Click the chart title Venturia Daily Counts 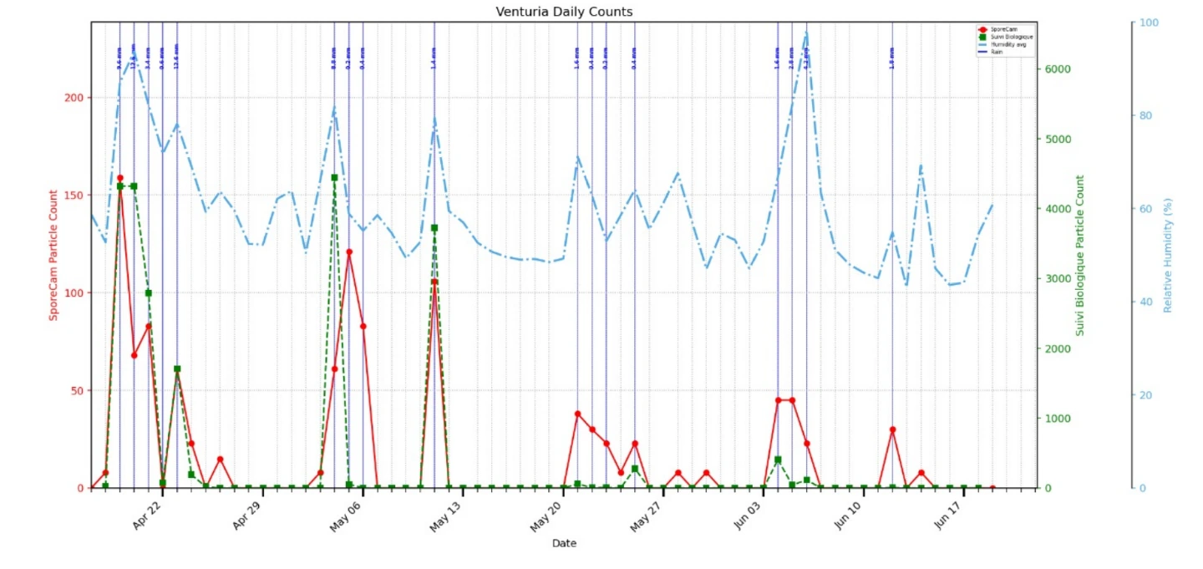pos(564,12)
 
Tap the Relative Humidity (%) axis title pos(1168,255)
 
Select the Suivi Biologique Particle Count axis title pos(1079,255)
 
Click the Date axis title pos(564,543)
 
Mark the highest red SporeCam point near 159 pos(119,178)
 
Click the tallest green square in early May pos(334,178)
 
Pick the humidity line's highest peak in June pos(806,33)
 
